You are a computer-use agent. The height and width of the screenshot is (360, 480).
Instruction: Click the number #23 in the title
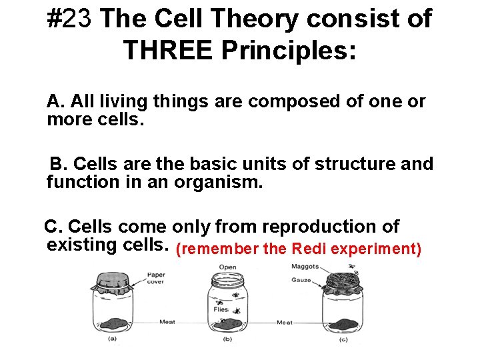[73, 19]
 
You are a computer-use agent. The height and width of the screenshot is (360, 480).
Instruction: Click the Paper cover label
[156, 277]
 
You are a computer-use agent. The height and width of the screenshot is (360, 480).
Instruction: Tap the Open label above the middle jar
[227, 267]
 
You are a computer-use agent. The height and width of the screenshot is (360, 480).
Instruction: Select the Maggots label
[305, 267]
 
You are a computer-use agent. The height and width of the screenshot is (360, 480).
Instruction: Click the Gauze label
[301, 280]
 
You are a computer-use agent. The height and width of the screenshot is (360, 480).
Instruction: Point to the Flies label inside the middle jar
[221, 309]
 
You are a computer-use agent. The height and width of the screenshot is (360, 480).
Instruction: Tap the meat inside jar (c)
[341, 323]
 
